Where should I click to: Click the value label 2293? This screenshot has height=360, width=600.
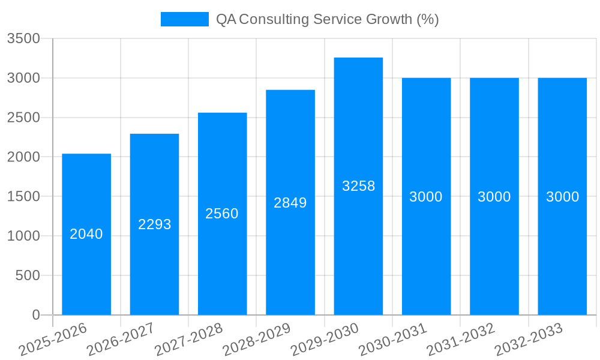coord(155,224)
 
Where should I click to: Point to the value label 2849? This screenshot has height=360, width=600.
coord(290,203)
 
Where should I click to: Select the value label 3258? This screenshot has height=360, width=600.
coord(358,186)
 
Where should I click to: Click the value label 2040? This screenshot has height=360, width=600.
coord(86,234)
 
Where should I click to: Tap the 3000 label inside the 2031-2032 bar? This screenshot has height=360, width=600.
coord(494,197)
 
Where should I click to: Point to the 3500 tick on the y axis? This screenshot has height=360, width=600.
coord(23,39)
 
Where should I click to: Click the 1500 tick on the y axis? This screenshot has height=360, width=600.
coord(23,197)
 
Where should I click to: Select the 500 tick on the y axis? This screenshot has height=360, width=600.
coord(28,276)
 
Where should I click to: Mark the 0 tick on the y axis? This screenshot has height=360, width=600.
coord(35,315)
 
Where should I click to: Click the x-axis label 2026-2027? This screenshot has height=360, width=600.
coord(121,339)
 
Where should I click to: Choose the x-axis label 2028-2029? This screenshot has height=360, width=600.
coord(257,339)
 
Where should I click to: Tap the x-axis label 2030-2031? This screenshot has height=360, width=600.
coord(392,339)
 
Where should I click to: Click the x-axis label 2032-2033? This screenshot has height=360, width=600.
coord(529,339)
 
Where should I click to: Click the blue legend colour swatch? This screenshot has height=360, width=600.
coord(184,19)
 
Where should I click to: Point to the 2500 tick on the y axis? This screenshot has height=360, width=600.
coord(23,118)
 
